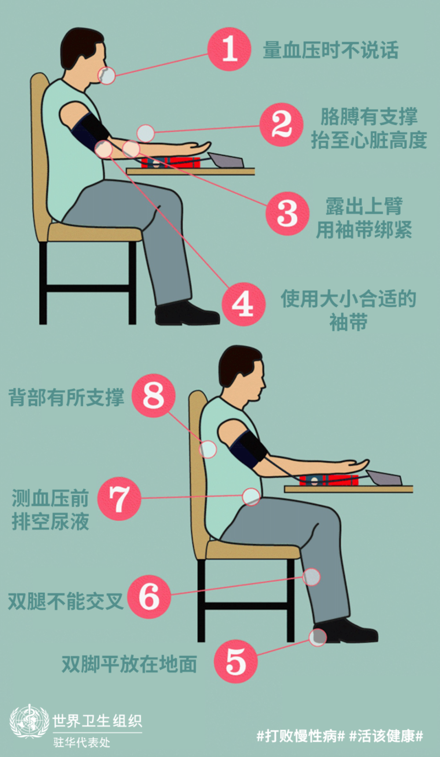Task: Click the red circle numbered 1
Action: [229, 49]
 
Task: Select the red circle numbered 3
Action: [287, 214]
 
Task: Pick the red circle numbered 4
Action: [243, 304]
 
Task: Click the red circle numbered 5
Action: [236, 661]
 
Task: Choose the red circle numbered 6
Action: [149, 597]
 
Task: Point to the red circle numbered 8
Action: [154, 395]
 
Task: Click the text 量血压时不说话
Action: [330, 50]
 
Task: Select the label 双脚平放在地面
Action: [129, 664]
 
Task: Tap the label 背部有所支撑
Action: [66, 397]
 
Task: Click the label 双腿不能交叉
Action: [66, 601]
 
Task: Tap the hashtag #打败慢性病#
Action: [301, 736]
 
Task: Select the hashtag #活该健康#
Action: [386, 736]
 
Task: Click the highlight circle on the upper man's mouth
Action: [106, 76]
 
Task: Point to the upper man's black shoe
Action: [187, 313]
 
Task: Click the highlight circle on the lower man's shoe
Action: [318, 637]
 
